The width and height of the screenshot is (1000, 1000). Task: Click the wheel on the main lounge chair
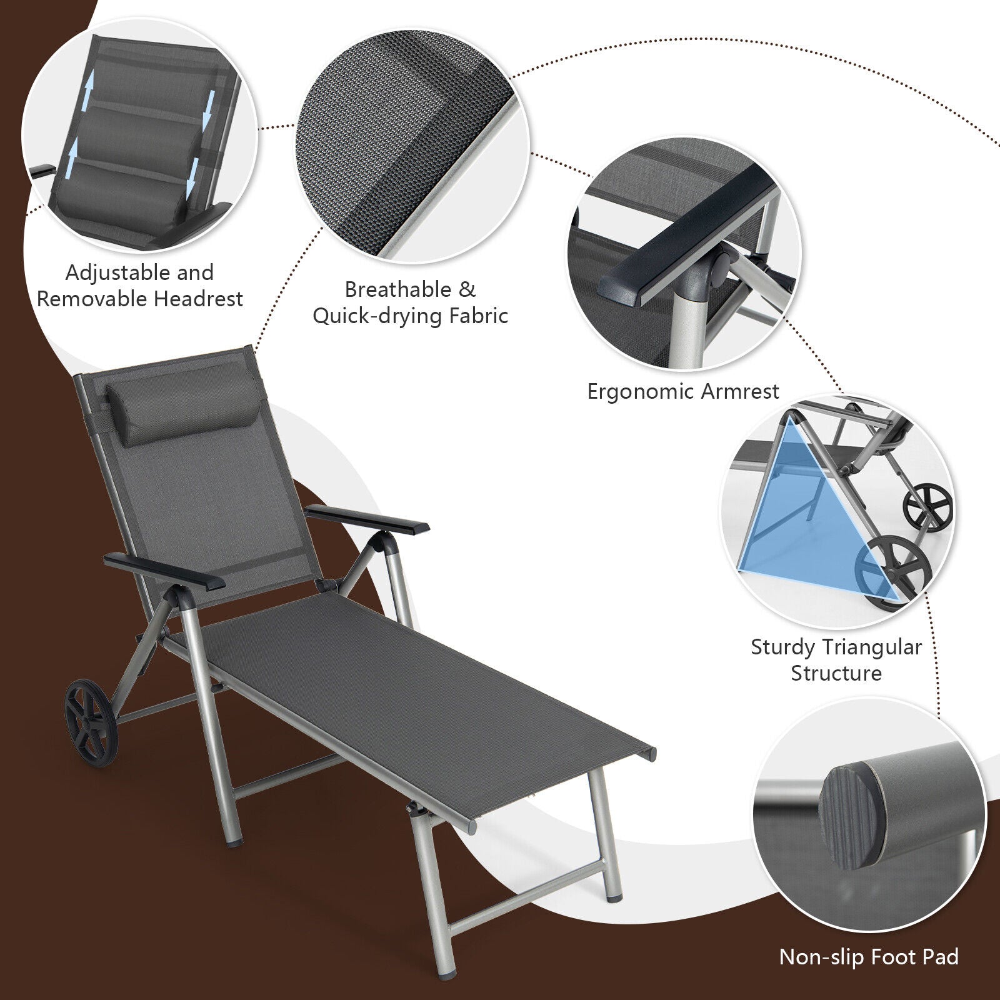91,722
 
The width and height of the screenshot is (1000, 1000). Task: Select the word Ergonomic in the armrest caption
641,391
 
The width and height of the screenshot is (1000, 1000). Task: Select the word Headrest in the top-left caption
198,299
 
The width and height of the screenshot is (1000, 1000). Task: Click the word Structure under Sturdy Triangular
836,673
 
